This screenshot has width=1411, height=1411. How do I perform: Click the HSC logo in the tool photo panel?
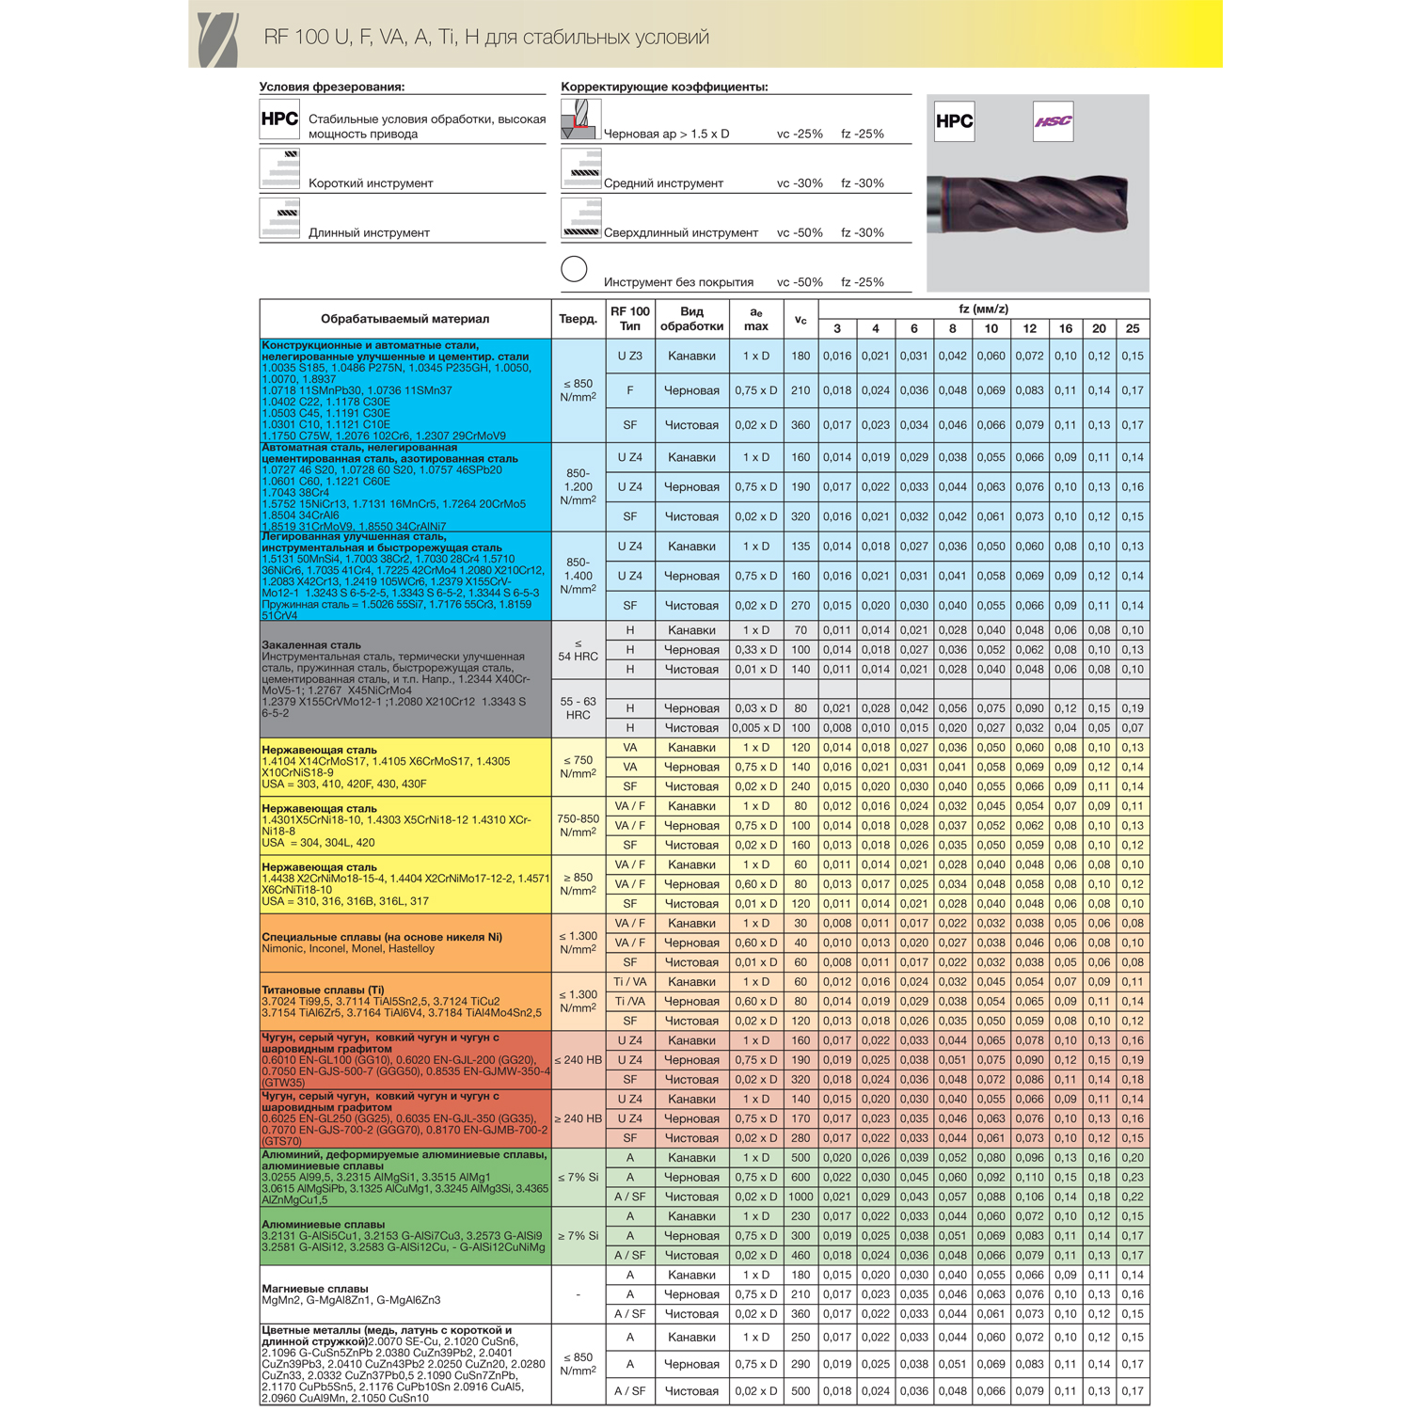(1053, 121)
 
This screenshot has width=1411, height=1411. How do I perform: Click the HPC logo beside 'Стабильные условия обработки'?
(279, 119)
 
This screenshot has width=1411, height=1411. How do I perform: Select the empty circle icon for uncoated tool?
(574, 269)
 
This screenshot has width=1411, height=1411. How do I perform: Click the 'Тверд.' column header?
(578, 319)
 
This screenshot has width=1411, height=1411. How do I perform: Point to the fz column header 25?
(1133, 328)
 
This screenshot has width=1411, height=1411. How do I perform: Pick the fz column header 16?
(1065, 328)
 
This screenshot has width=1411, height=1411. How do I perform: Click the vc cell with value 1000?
(801, 1197)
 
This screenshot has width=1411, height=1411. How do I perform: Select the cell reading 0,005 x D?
(756, 728)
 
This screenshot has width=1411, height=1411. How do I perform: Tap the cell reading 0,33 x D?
(756, 650)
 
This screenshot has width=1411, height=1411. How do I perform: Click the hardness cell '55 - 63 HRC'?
(578, 708)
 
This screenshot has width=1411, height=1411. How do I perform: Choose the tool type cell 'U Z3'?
(629, 357)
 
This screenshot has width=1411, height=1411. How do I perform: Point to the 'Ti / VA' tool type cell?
(629, 982)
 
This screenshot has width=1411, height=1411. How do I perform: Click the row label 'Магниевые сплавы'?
(315, 1289)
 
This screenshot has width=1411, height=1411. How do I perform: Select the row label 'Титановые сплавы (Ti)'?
(323, 990)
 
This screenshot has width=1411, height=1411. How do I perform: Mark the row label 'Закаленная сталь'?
(311, 645)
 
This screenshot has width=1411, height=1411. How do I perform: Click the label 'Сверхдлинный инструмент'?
(680, 232)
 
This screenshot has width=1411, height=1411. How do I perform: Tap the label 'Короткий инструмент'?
(371, 183)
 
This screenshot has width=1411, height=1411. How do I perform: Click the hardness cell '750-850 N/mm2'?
(578, 826)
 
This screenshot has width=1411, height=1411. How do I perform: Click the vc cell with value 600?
(801, 1177)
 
